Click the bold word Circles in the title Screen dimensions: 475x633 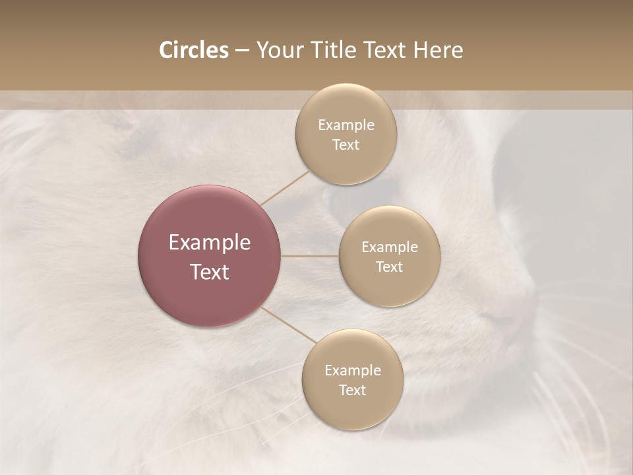pyautogui.click(x=194, y=50)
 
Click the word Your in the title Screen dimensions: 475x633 pyautogui.click(x=279, y=50)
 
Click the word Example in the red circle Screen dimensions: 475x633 pyautogui.click(x=210, y=243)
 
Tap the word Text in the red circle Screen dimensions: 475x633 pyautogui.click(x=210, y=272)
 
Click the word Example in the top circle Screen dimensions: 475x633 pyautogui.click(x=346, y=125)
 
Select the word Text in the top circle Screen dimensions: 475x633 pyautogui.click(x=346, y=145)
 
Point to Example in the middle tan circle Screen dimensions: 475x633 pyautogui.click(x=389, y=247)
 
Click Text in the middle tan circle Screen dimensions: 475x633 pyautogui.click(x=389, y=267)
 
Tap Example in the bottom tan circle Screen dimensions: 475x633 pyautogui.click(x=353, y=371)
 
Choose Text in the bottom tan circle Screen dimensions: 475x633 pyautogui.click(x=353, y=391)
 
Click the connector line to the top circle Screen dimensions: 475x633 pyautogui.click(x=285, y=187)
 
